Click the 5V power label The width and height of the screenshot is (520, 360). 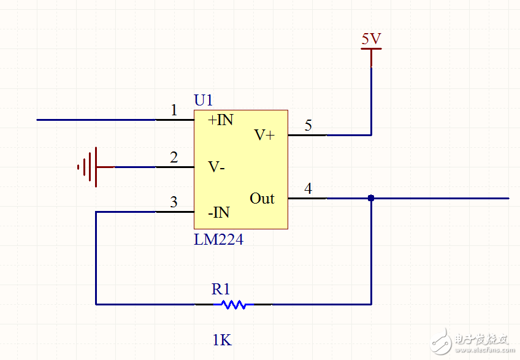click(371, 39)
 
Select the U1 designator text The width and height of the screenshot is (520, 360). click(204, 100)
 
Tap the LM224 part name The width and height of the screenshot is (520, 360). click(218, 240)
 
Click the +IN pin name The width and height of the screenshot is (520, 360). click(221, 120)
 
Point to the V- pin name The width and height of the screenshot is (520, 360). click(216, 166)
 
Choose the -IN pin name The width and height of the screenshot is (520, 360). click(218, 213)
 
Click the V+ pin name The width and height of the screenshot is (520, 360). click(264, 135)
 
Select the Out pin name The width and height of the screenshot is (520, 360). click(262, 199)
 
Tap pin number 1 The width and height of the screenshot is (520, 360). click(174, 110)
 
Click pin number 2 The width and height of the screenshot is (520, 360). click(174, 158)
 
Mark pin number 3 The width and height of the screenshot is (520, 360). click(174, 202)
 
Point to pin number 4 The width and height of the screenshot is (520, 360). click(308, 189)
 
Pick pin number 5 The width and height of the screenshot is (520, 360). click(308, 126)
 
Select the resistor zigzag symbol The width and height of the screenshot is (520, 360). click(234, 304)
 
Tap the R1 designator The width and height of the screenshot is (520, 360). click(221, 289)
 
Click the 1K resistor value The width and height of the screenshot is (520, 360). click(222, 340)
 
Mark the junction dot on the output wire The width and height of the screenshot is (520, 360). click(371, 198)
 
